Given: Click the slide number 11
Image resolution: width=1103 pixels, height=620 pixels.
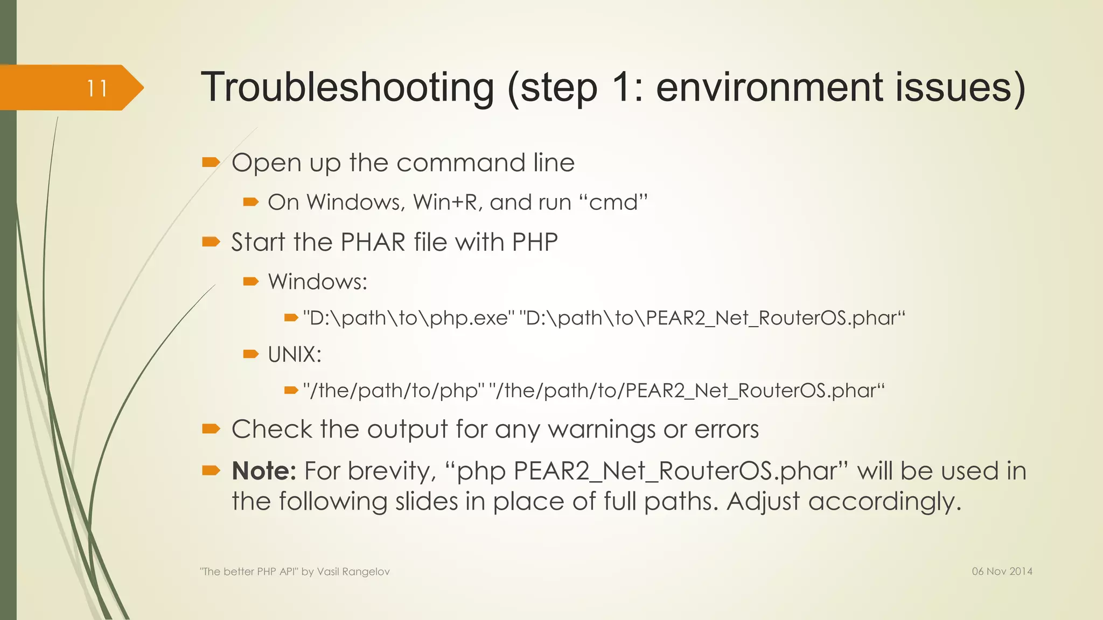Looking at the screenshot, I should pos(97,88).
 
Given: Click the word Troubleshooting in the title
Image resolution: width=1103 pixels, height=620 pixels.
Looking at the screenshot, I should pos(347,87).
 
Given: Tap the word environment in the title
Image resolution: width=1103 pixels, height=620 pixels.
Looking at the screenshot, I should pos(770,87).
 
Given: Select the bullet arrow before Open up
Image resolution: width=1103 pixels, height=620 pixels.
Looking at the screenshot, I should pos(211,162).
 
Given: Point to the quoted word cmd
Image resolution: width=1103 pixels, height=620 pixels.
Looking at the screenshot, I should pos(613,202).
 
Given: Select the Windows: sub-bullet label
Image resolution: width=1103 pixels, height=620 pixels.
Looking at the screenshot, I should pos(318,281).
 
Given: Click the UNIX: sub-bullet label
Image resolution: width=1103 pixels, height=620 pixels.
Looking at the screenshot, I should pos(295,355).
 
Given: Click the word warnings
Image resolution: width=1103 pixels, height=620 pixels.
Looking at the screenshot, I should pos(602,429).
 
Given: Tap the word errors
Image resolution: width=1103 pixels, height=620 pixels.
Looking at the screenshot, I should pos(727,429).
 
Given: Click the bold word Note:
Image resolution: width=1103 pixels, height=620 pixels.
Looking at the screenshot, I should pos(264,471).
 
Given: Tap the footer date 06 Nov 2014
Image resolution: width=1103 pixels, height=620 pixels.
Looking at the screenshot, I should pos(1002,572).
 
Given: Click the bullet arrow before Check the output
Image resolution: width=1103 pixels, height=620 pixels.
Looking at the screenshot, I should pos(211,428).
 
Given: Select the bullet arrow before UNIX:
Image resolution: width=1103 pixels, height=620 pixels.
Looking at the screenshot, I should pos(251,354).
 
